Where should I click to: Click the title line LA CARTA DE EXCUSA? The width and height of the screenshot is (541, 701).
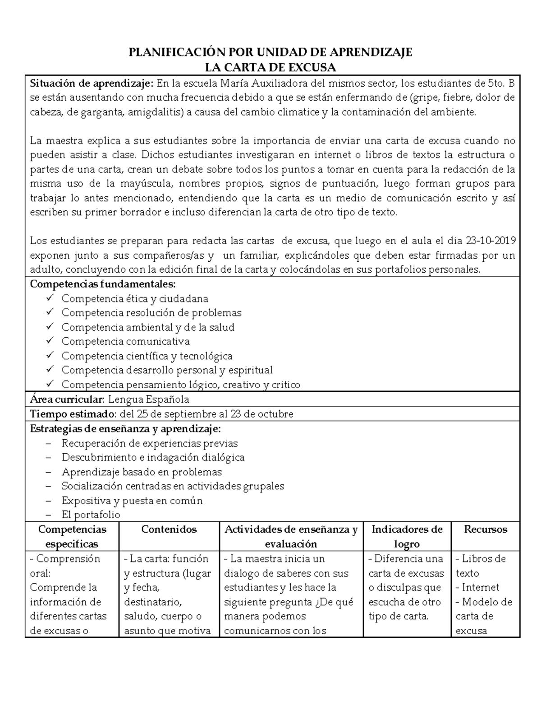click(x=270, y=68)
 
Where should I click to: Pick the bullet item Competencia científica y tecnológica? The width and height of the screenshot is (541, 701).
click(x=147, y=356)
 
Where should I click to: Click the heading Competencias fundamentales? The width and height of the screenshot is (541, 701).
click(x=102, y=284)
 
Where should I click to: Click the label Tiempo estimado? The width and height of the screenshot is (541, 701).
click(x=73, y=414)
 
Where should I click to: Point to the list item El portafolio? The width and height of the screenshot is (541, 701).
click(x=91, y=515)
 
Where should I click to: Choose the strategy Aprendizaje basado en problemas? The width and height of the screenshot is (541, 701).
click(x=142, y=472)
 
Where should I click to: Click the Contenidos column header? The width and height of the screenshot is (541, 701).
click(x=169, y=529)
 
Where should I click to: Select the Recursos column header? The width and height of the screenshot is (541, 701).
click(x=486, y=529)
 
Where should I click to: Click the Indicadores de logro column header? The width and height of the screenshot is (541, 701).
click(x=407, y=536)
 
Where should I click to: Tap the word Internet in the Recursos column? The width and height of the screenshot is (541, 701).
click(x=480, y=587)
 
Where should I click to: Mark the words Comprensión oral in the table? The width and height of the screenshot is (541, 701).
click(x=64, y=566)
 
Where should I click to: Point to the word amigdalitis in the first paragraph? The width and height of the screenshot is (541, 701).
click(x=154, y=112)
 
